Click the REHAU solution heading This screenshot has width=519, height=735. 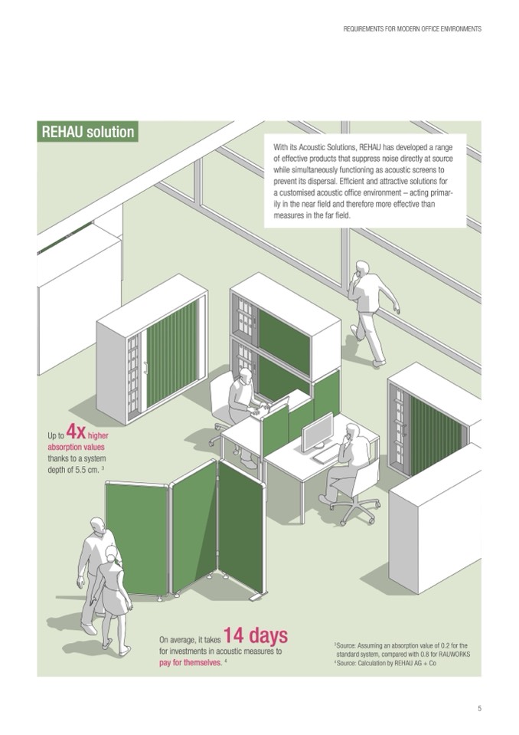(87, 132)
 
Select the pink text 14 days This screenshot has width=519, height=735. (256, 635)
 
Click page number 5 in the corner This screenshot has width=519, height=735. (479, 709)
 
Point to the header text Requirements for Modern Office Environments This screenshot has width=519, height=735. (413, 28)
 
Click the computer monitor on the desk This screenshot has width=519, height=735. (317, 431)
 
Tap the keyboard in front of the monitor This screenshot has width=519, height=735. (326, 454)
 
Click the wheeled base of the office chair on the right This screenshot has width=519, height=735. (354, 510)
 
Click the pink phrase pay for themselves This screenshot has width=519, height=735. (191, 663)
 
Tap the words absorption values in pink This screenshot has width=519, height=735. (76, 447)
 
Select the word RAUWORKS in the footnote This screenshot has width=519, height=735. (454, 655)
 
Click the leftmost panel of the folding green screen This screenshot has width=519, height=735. (137, 539)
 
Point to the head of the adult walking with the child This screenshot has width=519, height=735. (98, 527)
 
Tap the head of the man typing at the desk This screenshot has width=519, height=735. (245, 376)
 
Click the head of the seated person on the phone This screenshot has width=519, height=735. (352, 431)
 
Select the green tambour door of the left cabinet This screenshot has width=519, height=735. (172, 355)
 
